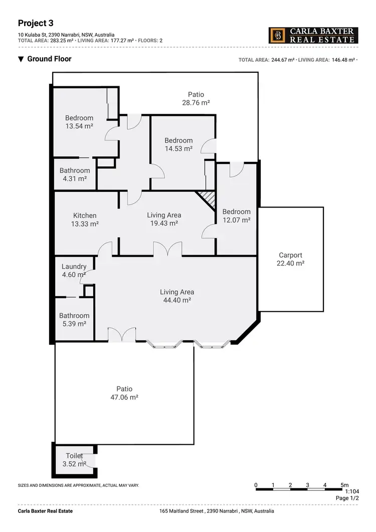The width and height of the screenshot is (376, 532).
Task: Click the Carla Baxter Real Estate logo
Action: (313, 35)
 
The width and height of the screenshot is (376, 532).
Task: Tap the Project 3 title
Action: (36, 23)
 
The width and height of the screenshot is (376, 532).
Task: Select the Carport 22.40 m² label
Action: (290, 259)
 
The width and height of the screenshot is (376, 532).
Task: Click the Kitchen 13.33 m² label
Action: (84, 220)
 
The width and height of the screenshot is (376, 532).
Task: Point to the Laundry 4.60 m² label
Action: (74, 270)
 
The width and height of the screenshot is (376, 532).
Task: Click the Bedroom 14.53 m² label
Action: (178, 144)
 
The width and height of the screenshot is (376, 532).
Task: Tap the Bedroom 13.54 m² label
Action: (79, 122)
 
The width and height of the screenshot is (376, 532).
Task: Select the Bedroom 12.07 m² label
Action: (236, 216)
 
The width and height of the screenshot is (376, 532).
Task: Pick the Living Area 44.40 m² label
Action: (177, 296)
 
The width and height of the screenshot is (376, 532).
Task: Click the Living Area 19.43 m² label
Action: (164, 219)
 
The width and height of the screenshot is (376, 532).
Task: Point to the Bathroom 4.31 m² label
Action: (75, 174)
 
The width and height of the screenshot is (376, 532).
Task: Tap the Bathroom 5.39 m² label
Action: (74, 319)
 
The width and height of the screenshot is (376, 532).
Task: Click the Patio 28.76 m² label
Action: (196, 98)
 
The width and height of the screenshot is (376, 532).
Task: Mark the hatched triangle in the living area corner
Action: (208, 199)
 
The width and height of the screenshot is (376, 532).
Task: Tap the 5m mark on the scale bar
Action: (344, 485)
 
